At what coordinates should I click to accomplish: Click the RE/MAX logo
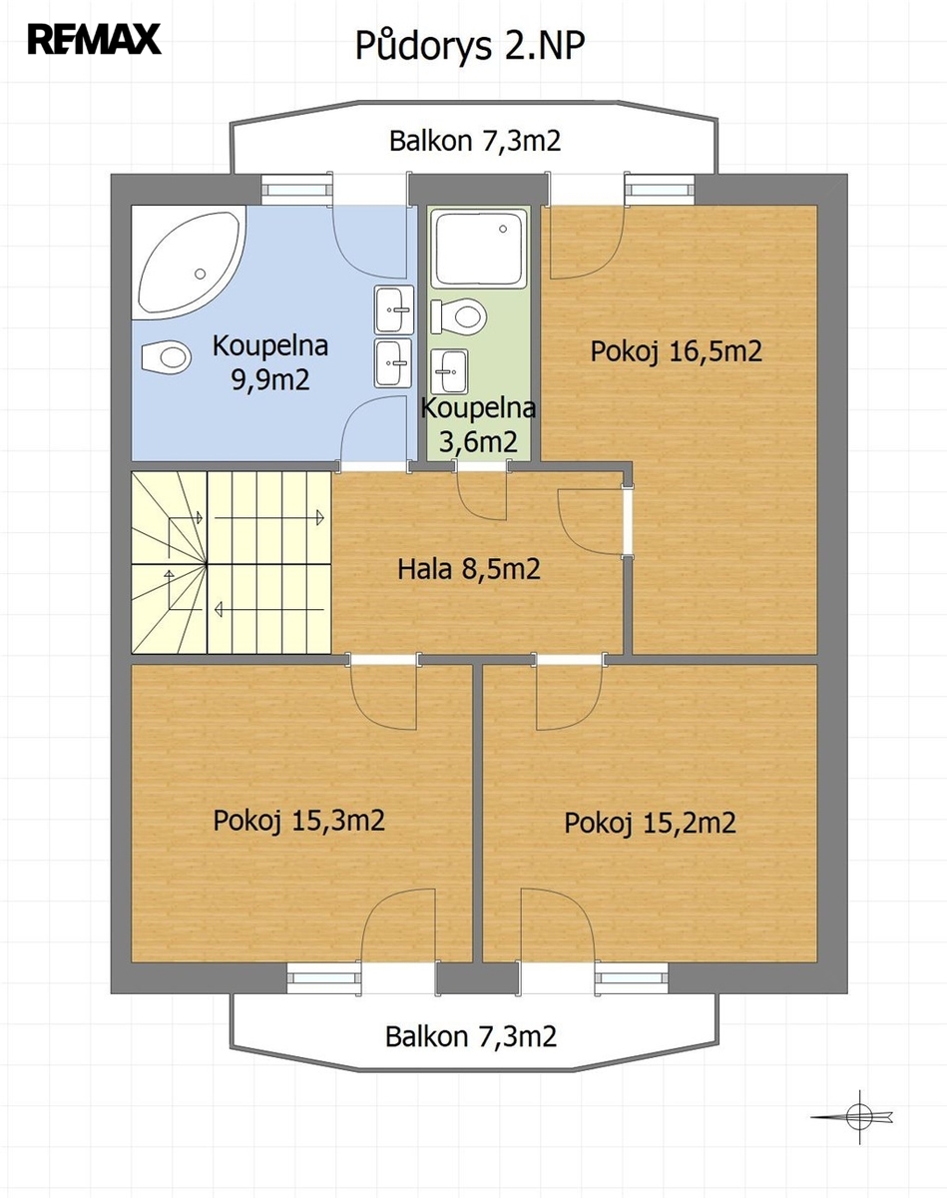coord(95,39)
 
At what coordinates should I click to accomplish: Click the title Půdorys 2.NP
coord(470,46)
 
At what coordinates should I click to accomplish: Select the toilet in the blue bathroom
coord(167,356)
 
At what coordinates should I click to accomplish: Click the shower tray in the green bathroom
coord(479,249)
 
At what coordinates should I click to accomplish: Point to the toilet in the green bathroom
coord(459,316)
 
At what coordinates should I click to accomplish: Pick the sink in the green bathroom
coord(450,371)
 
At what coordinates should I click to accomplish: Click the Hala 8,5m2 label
coord(469,569)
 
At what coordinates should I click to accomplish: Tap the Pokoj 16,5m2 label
coord(676,351)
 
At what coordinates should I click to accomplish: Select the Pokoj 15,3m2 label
coord(299,821)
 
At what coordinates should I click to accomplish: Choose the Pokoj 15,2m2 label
coord(651,823)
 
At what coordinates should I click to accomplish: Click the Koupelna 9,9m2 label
coord(270,362)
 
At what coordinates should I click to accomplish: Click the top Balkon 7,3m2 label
coord(475,141)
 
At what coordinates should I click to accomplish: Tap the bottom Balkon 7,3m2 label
coord(471,1036)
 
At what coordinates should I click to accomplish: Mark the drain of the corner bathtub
coord(201,274)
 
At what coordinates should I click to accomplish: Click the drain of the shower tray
coord(503,229)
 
